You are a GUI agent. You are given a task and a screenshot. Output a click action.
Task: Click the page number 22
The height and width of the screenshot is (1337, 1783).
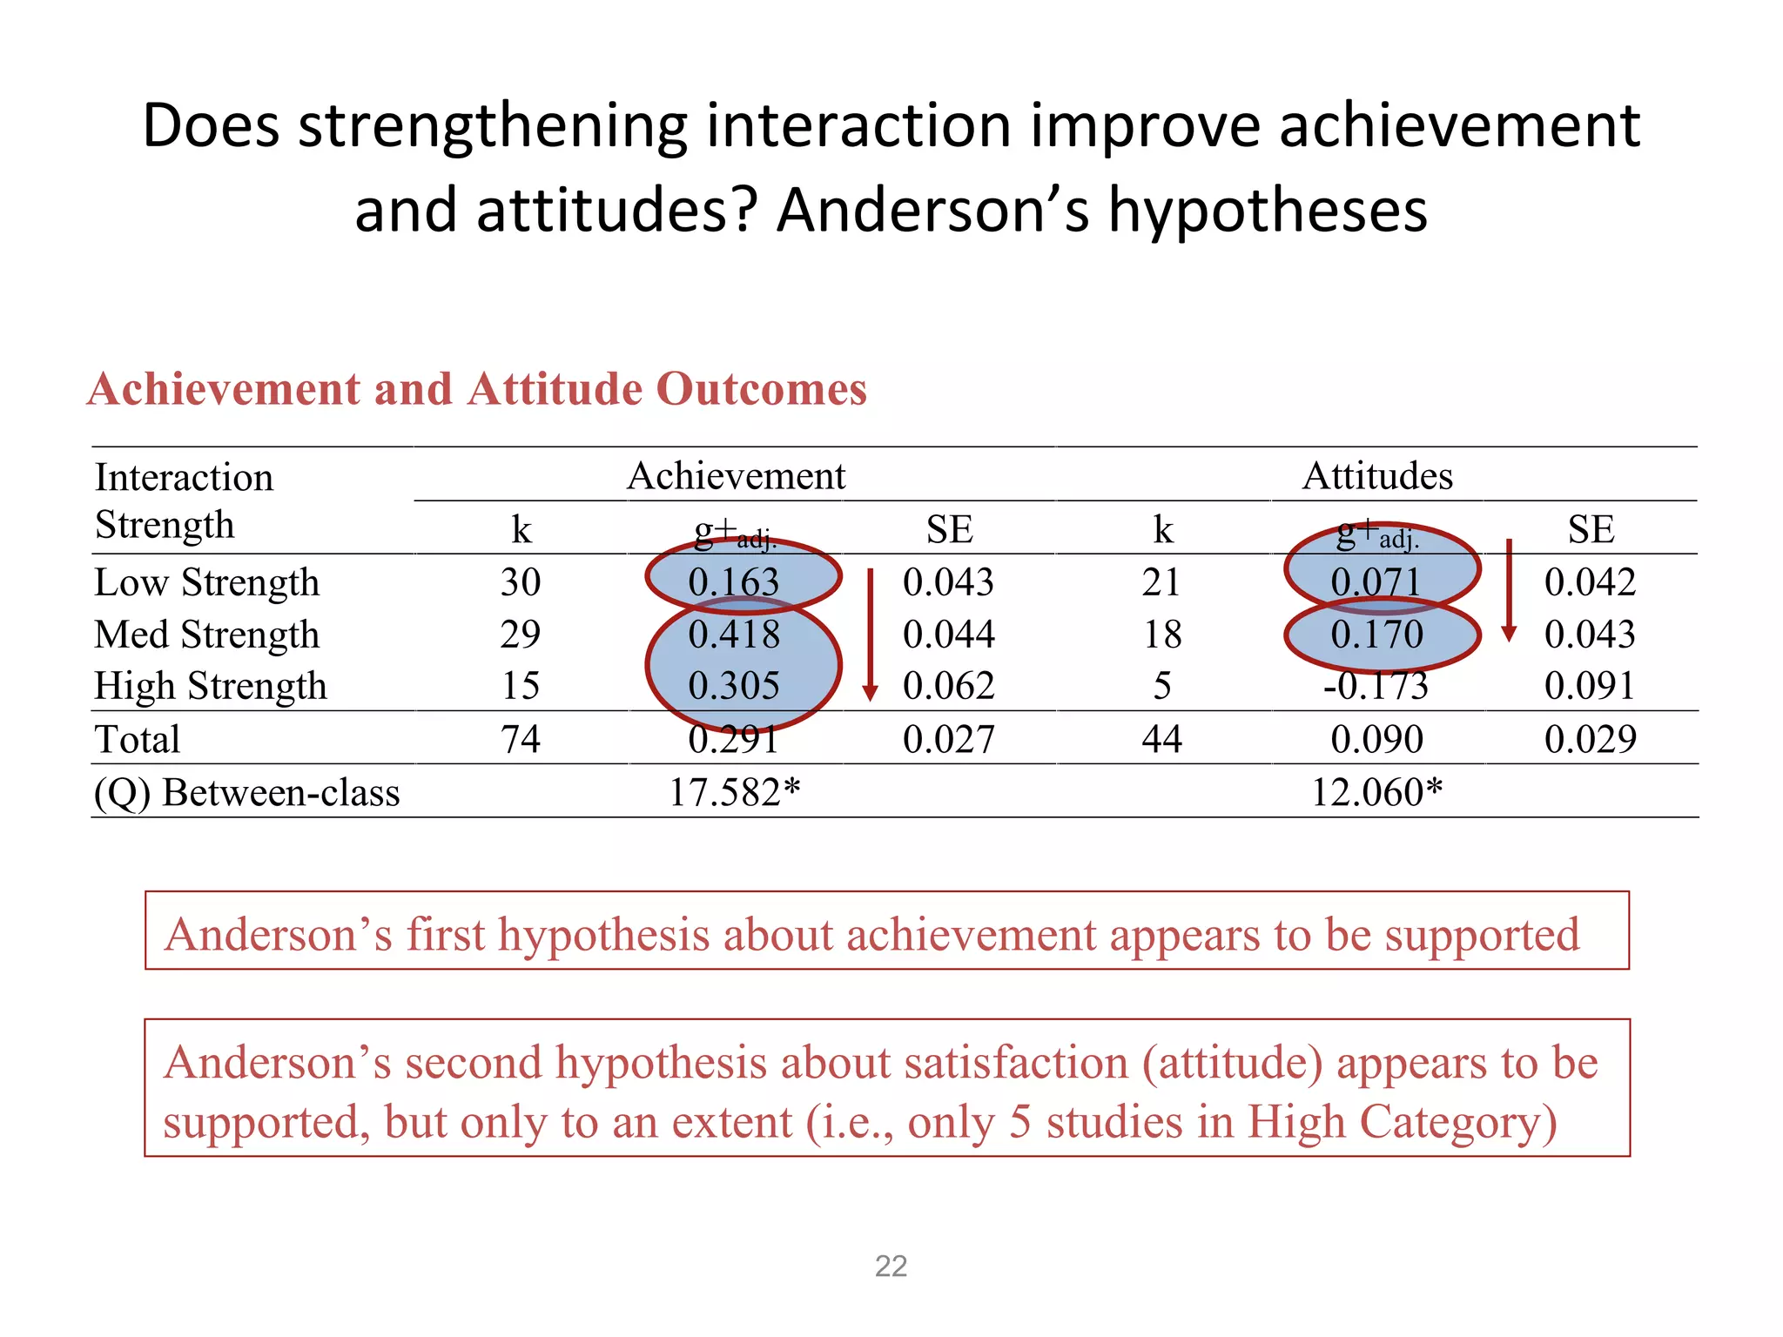pos(891,1266)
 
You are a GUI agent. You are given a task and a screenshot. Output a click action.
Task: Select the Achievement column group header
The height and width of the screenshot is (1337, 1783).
pos(736,476)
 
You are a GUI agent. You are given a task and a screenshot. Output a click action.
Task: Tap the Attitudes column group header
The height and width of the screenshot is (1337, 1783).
pos(1377,476)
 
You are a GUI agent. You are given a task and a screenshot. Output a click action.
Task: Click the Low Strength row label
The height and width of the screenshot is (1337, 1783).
pos(207,582)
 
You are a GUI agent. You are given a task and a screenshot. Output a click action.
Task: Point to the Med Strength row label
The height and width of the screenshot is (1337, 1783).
pos(207,635)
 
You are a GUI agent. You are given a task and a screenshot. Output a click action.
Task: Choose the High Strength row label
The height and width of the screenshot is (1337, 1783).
pos(211,686)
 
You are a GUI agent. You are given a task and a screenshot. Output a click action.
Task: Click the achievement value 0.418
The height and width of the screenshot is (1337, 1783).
pos(734,635)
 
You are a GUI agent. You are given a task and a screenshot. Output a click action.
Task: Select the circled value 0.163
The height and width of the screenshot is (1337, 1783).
pos(734,582)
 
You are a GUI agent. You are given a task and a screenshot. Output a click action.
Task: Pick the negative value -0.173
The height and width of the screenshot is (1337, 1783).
pos(1376,686)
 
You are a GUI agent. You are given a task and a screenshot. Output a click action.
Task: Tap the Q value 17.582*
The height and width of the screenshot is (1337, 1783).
pos(734,792)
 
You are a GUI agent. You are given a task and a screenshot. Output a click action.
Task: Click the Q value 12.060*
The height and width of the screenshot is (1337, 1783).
pos(1376,792)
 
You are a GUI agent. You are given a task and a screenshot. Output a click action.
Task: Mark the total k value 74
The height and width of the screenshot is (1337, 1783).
pos(521,740)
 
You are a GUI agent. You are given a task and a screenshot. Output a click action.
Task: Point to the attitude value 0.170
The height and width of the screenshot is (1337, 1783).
pos(1376,635)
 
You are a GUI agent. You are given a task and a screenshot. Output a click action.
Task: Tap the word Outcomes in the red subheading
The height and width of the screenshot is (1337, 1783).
pos(762,389)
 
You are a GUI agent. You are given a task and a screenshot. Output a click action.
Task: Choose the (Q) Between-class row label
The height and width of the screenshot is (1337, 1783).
pos(247,792)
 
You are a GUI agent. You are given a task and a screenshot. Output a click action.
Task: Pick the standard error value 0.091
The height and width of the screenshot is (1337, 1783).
pos(1590,686)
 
